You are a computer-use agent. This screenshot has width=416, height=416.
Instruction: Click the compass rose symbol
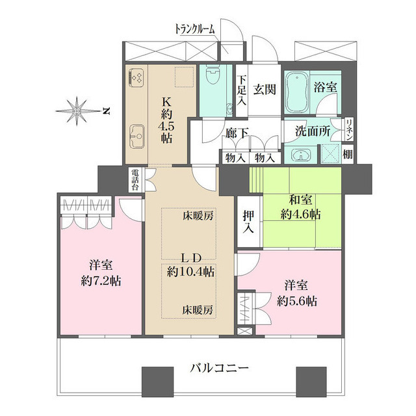click(79, 111)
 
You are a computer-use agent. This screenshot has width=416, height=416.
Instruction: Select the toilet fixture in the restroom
click(213, 81)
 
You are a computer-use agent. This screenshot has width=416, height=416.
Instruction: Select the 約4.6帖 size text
click(300, 214)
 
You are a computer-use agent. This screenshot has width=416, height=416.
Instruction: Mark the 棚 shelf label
click(348, 155)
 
